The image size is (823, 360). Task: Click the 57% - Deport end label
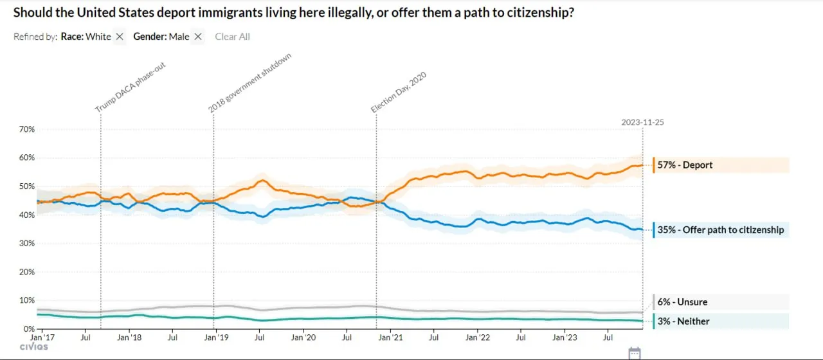[x=685, y=165]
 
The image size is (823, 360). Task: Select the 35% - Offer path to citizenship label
[x=720, y=230]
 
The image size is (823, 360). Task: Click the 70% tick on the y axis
[x=26, y=129]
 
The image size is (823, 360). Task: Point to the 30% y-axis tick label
[x=26, y=244]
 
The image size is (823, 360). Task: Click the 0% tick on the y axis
[x=29, y=329]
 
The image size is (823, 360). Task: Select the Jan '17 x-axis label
[x=42, y=337]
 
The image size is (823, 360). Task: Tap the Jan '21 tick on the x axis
[x=390, y=337]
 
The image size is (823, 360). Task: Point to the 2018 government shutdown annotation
[x=250, y=83]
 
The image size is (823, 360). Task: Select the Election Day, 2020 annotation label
[x=399, y=92]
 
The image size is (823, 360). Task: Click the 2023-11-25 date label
[x=642, y=122]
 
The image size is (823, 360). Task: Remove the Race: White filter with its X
[x=120, y=37]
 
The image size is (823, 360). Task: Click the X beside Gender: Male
[x=198, y=37]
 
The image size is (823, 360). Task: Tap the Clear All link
[x=232, y=37]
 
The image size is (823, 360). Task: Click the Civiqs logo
[x=33, y=347]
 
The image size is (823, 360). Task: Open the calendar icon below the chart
[x=635, y=352]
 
